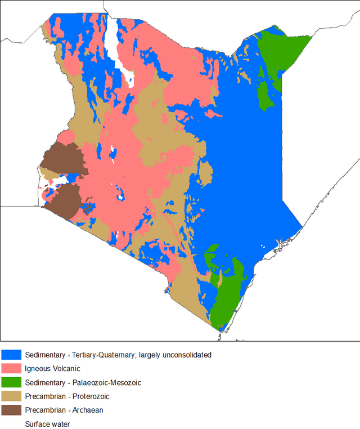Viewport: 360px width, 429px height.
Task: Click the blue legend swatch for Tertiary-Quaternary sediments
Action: (x=11, y=355)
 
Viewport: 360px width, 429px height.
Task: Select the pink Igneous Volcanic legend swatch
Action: (x=11, y=369)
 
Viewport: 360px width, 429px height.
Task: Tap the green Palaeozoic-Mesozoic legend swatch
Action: (x=11, y=382)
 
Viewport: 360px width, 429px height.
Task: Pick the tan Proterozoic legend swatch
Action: (x=11, y=396)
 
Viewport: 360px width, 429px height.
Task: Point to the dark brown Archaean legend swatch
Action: (x=11, y=410)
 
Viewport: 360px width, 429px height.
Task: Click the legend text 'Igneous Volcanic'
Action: (x=52, y=369)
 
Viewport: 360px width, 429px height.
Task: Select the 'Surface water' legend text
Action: (x=47, y=424)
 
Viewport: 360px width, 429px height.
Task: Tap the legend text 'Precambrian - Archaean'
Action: (x=64, y=410)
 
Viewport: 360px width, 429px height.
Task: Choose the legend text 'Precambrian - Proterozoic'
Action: (x=67, y=396)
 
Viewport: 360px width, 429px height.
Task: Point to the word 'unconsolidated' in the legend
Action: (x=185, y=355)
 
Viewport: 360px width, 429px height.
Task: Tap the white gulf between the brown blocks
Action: (x=62, y=180)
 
